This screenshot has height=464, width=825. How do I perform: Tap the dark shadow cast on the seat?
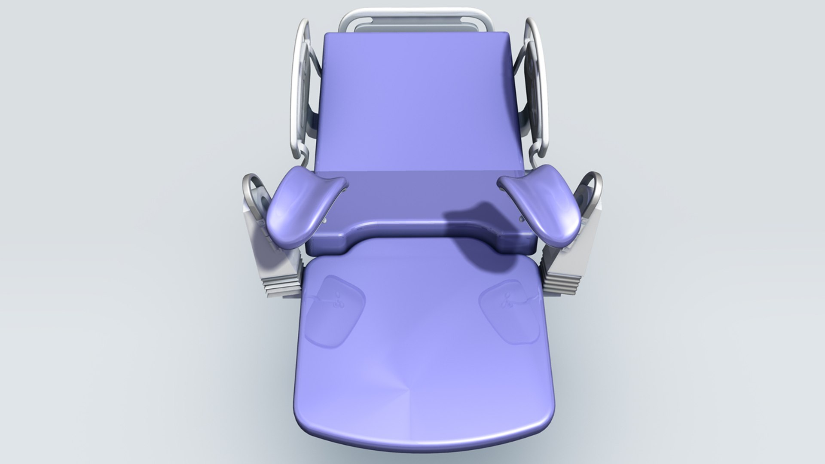point(477,232)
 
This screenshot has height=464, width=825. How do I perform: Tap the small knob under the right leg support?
point(521,219)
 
